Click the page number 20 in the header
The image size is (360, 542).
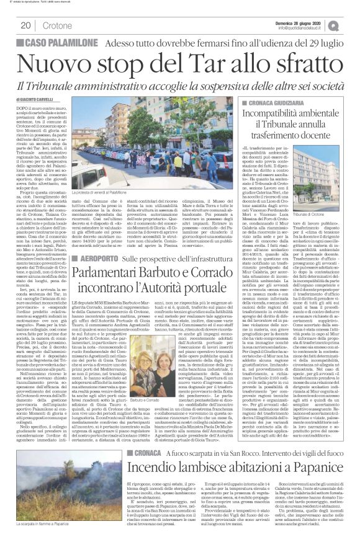[x=25, y=25]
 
